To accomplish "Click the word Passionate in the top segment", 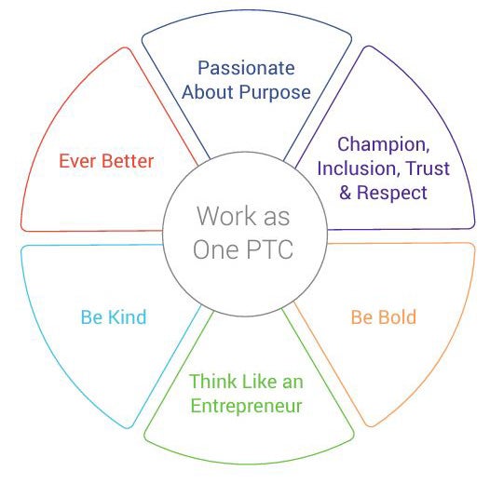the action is [246, 68].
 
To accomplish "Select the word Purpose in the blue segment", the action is [275, 93].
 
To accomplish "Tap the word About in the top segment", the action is [208, 92].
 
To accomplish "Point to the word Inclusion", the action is [357, 168].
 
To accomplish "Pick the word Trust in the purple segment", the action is [429, 168].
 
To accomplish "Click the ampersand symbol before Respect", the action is [346, 193].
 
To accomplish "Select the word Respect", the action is [392, 193].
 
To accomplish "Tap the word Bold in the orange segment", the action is [398, 317].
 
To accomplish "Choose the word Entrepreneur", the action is [246, 406].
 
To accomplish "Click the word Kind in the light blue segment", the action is [128, 317].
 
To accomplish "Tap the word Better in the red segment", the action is [128, 161].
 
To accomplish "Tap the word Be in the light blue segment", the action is [92, 317].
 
